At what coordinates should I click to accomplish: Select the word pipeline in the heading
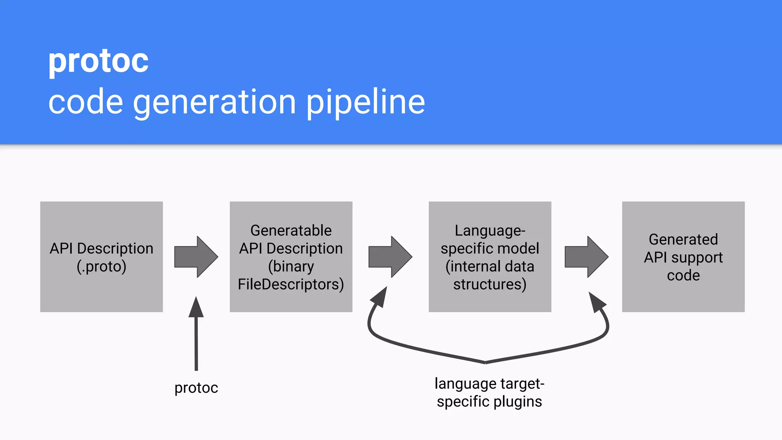(365, 102)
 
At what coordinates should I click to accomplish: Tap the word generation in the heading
(214, 102)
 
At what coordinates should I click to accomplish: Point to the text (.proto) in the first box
(101, 267)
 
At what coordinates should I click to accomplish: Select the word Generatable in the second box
(291, 230)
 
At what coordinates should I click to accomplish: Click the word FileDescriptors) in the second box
(291, 285)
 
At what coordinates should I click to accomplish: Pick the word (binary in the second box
(291, 267)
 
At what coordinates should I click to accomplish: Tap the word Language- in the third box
(490, 230)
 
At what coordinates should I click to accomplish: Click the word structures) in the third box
(490, 285)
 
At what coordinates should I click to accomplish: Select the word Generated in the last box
(683, 239)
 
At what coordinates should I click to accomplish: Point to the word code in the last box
(683, 275)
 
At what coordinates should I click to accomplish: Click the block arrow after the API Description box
(196, 257)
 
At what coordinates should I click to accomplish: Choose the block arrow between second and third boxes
(390, 257)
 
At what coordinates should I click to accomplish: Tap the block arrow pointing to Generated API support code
(586, 257)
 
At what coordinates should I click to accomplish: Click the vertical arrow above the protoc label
(196, 336)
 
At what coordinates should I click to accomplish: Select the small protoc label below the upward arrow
(196, 388)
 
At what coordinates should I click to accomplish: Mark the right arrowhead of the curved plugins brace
(596, 302)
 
